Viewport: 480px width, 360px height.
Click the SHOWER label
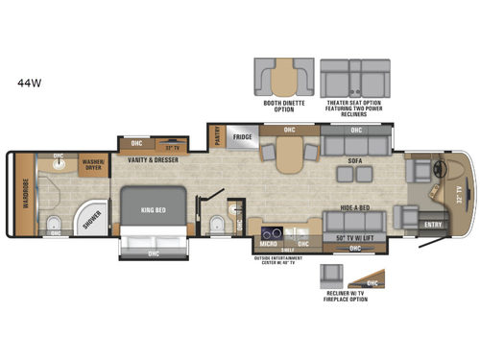(x=89, y=219)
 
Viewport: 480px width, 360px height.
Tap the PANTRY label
(x=219, y=135)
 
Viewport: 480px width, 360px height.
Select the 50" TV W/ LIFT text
(x=354, y=236)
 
